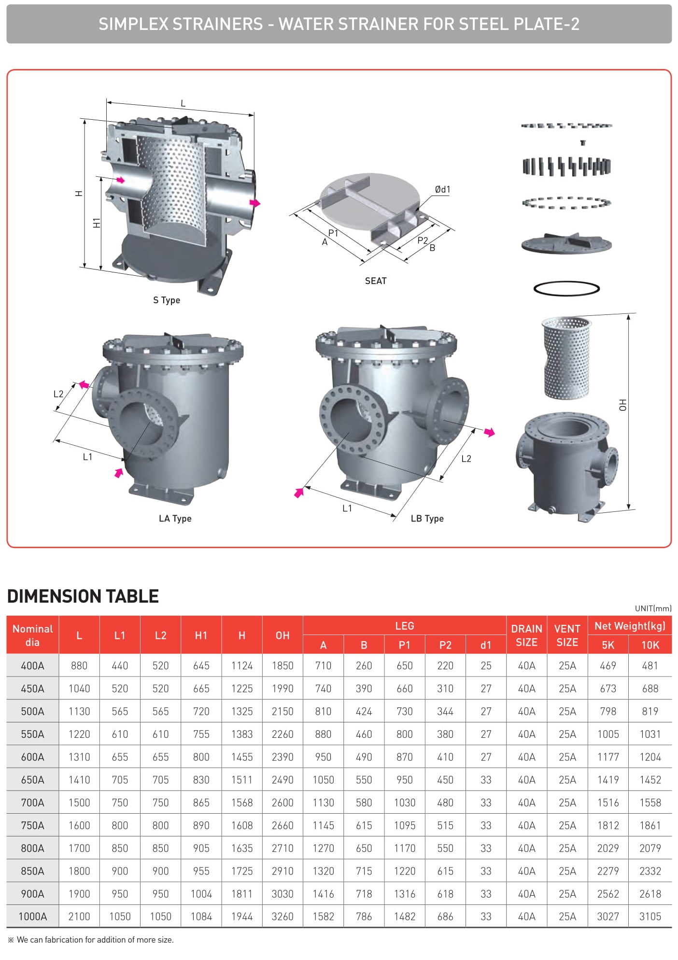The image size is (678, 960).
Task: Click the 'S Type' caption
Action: coord(167,300)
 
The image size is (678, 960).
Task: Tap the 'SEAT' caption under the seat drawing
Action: coord(376,281)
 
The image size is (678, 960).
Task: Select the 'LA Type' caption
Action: coord(175,519)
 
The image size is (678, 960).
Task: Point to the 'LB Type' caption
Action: coord(427,519)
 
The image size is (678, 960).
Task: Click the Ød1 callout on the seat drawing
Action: coord(442,189)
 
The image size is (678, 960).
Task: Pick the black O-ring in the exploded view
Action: coord(566,289)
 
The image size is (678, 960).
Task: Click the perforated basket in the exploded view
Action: coord(566,358)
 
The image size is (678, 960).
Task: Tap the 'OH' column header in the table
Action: coord(282,635)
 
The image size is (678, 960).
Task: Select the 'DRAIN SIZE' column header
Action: coord(526,635)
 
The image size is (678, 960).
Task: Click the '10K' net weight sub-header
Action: coord(650,645)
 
